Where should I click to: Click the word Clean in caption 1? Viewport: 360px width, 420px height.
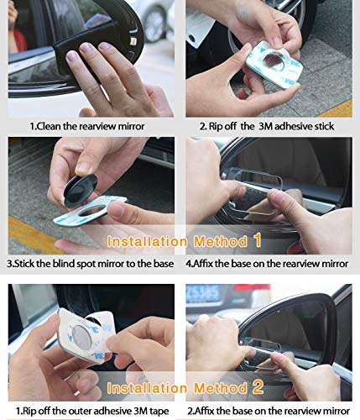[x=50, y=126]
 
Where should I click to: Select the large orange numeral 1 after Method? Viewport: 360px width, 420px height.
[x=258, y=240]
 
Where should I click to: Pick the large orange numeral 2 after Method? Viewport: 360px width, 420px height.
[x=258, y=387]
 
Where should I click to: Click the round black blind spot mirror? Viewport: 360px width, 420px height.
[x=81, y=191]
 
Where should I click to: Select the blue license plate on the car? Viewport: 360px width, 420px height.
[x=202, y=294]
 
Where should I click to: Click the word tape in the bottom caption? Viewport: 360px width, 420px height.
[x=159, y=412]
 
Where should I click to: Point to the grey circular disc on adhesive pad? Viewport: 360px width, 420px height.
[x=81, y=338]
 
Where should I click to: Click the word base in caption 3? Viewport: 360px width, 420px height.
[x=164, y=264]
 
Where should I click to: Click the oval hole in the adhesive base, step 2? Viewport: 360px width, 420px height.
[x=274, y=60]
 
